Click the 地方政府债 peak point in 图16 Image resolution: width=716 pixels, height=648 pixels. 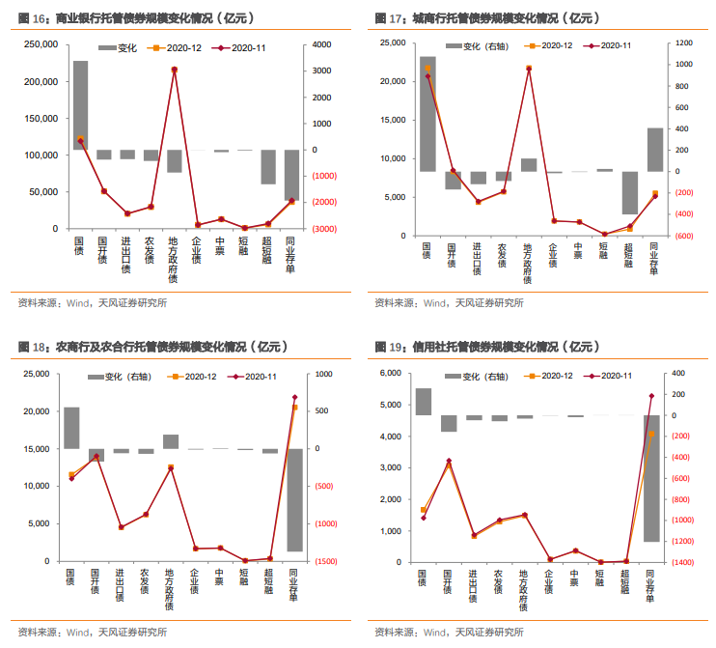click(x=175, y=70)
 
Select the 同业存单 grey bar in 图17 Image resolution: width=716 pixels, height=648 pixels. click(x=655, y=150)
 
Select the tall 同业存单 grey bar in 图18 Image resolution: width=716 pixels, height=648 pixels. click(x=295, y=499)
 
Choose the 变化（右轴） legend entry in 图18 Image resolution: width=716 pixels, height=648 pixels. click(x=123, y=376)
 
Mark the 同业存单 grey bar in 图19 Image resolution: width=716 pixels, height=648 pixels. click(x=651, y=478)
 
